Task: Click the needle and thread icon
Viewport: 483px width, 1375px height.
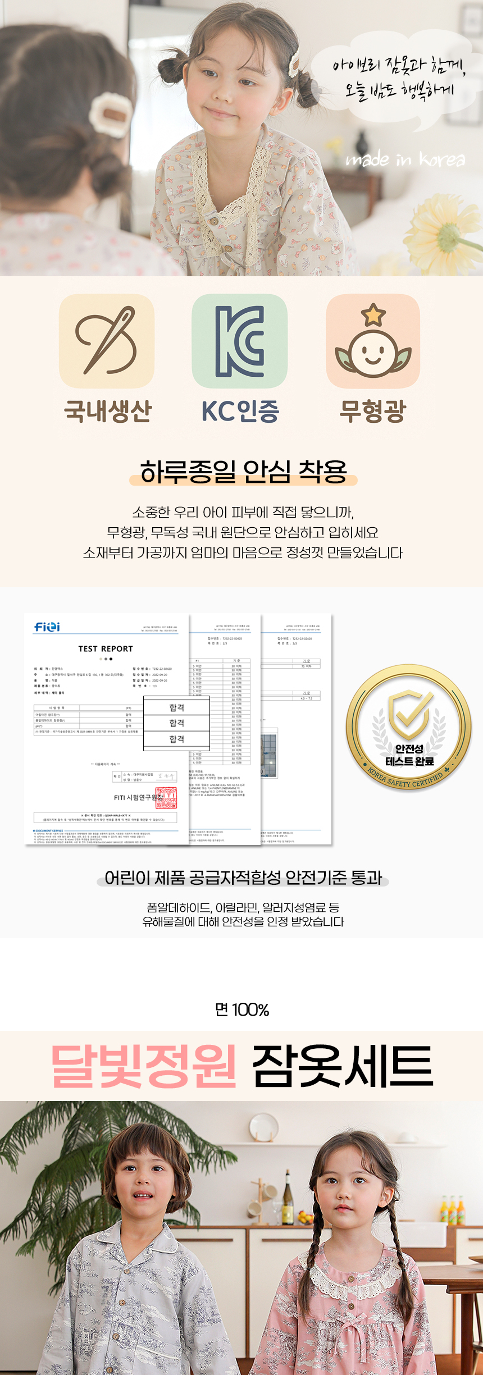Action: (x=107, y=341)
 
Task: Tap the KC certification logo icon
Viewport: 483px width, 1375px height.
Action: (x=240, y=341)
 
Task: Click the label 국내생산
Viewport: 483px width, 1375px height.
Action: (x=108, y=410)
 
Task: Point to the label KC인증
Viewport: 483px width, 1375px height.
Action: (x=240, y=410)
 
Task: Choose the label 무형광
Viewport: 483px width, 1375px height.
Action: (x=372, y=410)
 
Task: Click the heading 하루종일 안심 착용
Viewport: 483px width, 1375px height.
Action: (x=243, y=471)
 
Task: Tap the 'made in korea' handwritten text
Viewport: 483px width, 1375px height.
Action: (x=405, y=160)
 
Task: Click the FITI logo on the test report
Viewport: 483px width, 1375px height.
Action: (x=47, y=627)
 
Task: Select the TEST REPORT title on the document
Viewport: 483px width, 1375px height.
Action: (x=106, y=648)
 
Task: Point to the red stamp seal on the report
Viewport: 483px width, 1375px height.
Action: (x=166, y=798)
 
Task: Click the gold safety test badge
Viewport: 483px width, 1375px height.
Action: (x=408, y=728)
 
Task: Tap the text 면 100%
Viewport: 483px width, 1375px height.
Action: (x=242, y=1009)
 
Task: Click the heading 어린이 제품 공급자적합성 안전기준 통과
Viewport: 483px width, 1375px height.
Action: (x=243, y=878)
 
